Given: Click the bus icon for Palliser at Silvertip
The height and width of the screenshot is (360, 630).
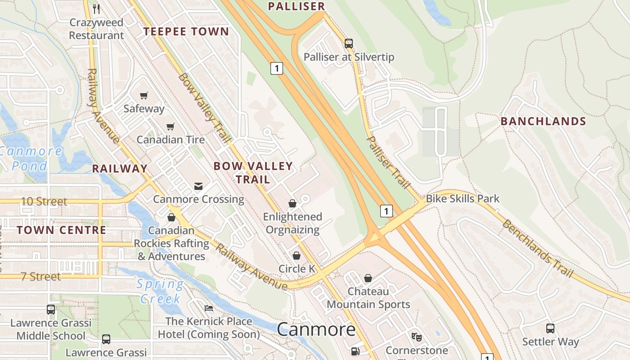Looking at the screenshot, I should click(349, 44).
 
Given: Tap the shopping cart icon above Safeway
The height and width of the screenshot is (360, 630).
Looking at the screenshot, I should click(144, 95).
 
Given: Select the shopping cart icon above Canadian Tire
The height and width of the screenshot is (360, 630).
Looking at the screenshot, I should click(170, 126).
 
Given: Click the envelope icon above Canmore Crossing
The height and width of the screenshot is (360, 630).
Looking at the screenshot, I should click(198, 186).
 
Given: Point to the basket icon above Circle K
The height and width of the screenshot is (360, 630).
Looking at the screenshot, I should click(297, 256).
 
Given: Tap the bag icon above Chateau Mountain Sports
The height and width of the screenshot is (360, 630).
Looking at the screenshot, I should click(368, 278).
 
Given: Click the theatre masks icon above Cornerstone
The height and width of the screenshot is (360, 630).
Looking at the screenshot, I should click(417, 337).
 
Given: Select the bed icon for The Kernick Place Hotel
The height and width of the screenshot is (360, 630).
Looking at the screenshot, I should click(209, 308).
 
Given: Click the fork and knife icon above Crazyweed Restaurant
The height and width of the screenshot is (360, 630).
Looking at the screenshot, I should click(96, 9).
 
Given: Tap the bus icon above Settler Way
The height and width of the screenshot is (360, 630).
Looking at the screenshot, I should click(550, 328).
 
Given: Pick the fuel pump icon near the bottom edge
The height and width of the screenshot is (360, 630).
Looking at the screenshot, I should click(355, 351).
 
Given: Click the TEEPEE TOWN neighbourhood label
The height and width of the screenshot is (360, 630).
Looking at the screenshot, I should click(186, 31).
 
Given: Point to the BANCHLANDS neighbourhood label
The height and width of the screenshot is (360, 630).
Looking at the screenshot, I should click(543, 121).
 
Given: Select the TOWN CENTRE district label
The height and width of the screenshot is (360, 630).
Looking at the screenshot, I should click(62, 230).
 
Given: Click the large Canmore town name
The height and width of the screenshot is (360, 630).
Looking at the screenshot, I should click(316, 329).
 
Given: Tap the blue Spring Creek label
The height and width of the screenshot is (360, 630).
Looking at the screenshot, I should click(160, 291).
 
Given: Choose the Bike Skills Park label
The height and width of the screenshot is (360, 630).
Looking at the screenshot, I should click(463, 198).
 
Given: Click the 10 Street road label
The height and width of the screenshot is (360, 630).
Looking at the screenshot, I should click(44, 201).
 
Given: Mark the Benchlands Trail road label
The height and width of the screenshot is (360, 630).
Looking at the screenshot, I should click(538, 249).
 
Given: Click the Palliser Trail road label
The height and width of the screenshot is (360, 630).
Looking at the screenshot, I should click(388, 162).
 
